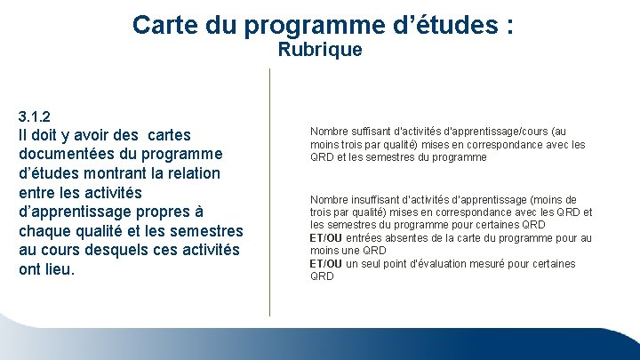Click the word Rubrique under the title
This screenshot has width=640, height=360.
pyautogui.click(x=320, y=50)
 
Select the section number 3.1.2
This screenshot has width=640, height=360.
pyautogui.click(x=35, y=116)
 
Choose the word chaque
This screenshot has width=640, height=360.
pyautogui.click(x=46, y=231)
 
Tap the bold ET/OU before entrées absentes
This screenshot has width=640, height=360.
pyautogui.click(x=325, y=238)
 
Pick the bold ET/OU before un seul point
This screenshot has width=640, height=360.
pyautogui.click(x=325, y=264)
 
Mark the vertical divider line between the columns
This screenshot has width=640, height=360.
pyautogui.click(x=269, y=191)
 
